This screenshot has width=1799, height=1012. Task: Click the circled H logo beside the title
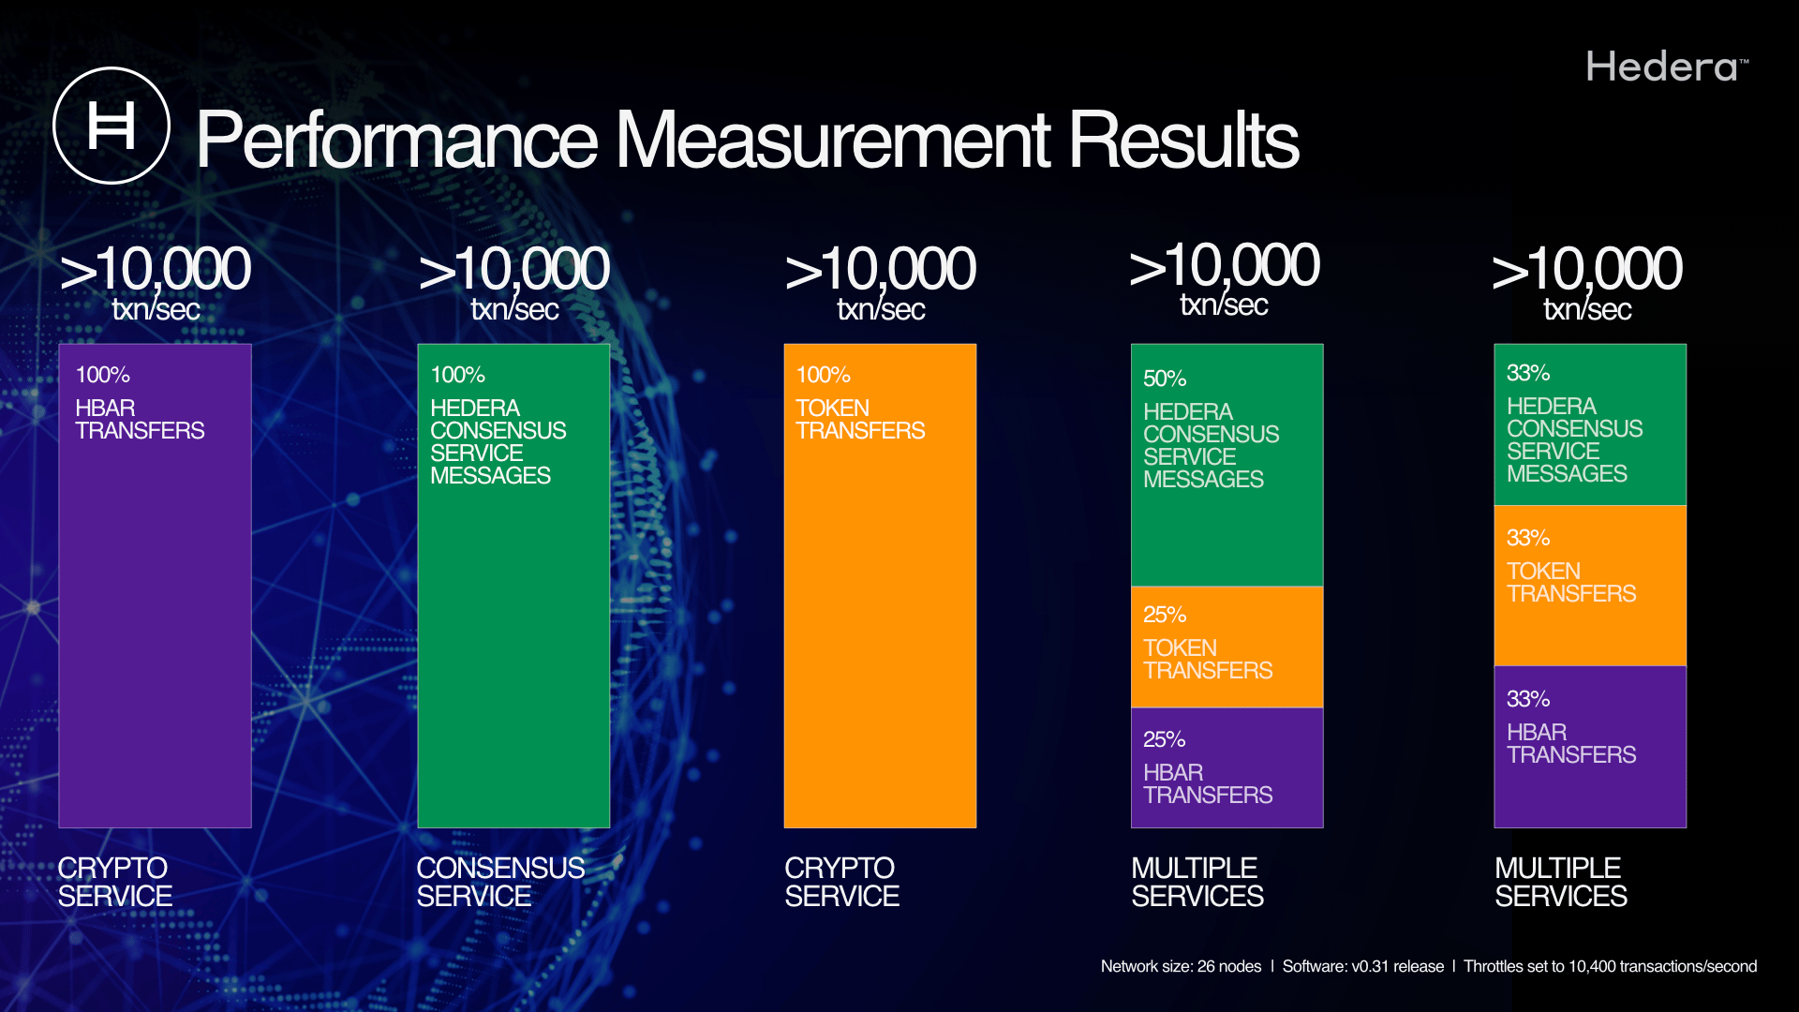tap(112, 126)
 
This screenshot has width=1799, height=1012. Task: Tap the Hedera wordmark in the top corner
tap(1667, 67)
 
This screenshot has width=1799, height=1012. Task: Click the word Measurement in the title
tap(832, 140)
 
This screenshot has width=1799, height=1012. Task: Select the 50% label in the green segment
tap(1165, 379)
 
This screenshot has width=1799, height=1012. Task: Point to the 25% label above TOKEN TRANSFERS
tap(1165, 615)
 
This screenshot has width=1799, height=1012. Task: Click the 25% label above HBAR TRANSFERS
tap(1165, 739)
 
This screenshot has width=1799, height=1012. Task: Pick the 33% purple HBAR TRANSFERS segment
tap(1590, 747)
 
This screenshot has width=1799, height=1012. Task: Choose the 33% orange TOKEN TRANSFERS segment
tap(1590, 586)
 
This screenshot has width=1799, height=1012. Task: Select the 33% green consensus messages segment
tap(1590, 424)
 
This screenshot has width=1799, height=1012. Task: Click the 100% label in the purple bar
tap(102, 375)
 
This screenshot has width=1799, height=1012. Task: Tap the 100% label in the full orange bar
tap(823, 375)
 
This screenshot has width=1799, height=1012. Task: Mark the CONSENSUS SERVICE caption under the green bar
tap(500, 882)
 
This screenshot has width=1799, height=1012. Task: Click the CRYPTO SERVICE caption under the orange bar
tap(841, 882)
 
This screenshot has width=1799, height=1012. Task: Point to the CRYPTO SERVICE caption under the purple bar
tap(114, 882)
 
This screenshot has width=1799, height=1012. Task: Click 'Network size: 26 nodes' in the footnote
tap(1181, 966)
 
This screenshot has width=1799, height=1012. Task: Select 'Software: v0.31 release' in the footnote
tap(1362, 966)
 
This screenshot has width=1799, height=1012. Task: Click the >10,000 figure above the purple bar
tap(155, 269)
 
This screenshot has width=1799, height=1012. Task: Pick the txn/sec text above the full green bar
tap(514, 308)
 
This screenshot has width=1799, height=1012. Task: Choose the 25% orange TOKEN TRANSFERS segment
tap(1227, 647)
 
